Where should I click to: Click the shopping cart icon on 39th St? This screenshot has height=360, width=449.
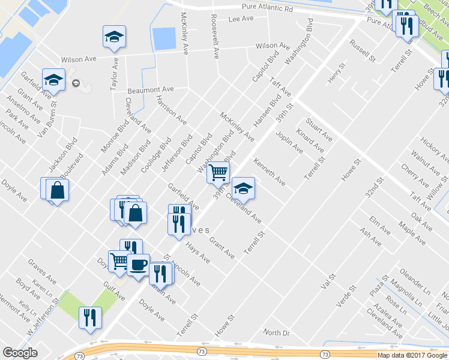[218, 172]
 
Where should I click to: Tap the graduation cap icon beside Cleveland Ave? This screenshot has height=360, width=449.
[243, 188]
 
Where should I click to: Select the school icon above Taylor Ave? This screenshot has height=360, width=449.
[114, 37]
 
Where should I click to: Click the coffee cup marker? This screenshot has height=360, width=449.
[138, 265]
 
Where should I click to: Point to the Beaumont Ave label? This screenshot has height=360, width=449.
[151, 89]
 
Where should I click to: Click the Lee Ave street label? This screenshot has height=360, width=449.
[241, 19]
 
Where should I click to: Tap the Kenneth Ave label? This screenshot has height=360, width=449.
[269, 171]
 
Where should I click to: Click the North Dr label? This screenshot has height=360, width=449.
[276, 332]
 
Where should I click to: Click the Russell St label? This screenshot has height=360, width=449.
[363, 52]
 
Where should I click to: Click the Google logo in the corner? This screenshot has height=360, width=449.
[20, 353]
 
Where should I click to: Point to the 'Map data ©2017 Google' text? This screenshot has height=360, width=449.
[412, 355]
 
